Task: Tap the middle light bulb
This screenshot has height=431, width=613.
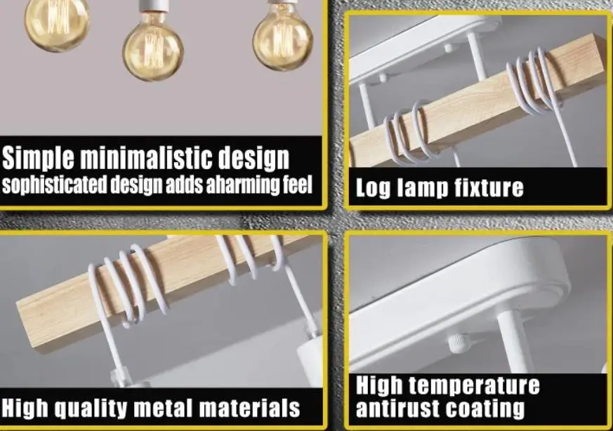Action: [x=152, y=51]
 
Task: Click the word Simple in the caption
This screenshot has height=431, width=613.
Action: [x=39, y=158]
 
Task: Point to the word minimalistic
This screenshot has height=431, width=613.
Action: [x=154, y=158]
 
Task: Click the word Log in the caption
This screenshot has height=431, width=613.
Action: [x=372, y=188]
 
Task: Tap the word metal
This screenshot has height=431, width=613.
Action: [x=177, y=408]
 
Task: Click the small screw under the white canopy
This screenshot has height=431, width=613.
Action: [x=459, y=342]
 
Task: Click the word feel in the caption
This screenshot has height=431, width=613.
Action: [x=296, y=186]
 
